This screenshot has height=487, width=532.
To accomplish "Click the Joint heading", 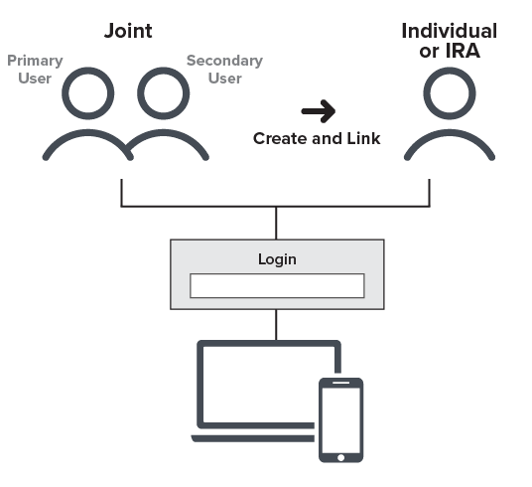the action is (x=128, y=31).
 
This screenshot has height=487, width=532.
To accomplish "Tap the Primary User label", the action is (x=35, y=70).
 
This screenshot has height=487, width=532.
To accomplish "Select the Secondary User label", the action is (x=224, y=70).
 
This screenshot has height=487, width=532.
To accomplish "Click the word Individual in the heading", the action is (x=450, y=31).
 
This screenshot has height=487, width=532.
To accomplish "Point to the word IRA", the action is (x=463, y=51).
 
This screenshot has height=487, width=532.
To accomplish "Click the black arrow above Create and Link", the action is (x=319, y=111).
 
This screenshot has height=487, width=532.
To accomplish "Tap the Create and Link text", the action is (x=317, y=139).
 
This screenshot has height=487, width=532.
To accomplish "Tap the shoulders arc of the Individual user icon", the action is (x=450, y=132).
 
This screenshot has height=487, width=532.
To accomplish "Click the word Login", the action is (x=277, y=259).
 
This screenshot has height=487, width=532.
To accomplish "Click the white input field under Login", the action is (x=277, y=286).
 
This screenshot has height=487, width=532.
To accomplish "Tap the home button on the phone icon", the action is (x=341, y=457).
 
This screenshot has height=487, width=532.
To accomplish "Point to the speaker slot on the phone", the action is (x=341, y=383).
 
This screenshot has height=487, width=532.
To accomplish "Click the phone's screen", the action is (x=341, y=420).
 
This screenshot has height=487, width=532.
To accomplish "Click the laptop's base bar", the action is (x=253, y=438).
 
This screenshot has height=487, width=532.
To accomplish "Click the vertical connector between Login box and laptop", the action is (x=276, y=325).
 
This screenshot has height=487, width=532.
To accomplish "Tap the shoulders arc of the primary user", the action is (x=88, y=132).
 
